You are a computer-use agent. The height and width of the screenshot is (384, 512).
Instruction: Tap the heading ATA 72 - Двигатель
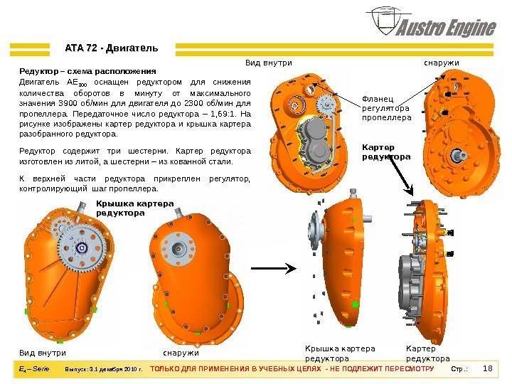pos(112,48)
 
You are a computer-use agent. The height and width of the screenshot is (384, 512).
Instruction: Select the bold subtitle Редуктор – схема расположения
pos(87,71)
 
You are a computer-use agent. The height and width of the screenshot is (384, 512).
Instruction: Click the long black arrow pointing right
pos(273,267)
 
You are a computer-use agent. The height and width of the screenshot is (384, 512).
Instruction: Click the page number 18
pos(488,368)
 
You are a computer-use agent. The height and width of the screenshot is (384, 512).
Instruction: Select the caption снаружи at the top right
pos(441,63)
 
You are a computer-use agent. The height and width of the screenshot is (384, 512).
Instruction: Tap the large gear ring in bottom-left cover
pos(81,247)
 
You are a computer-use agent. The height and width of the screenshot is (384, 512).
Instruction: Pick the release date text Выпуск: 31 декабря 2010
pos(104,370)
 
